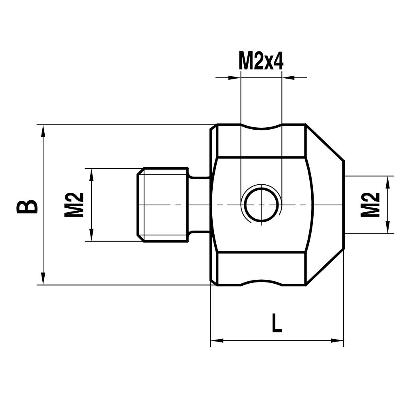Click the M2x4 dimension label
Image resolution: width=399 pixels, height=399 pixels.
click(261, 61)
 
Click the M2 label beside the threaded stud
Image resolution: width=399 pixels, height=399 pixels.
click(74, 205)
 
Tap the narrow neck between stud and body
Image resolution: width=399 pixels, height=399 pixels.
click(199, 205)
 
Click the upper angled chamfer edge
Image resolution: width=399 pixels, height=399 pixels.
click(325, 143)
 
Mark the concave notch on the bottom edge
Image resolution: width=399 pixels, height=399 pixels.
click(261, 282)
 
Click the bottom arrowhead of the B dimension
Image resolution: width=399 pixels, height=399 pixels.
click(43, 279)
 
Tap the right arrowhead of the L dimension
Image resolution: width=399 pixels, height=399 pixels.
click(338, 341)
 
